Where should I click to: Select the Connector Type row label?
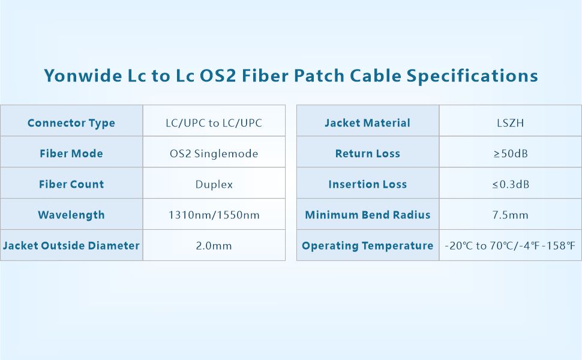tap(71, 123)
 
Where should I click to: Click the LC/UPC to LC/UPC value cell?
tap(214, 123)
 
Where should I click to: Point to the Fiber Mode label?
tap(71, 154)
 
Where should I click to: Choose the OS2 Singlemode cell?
tap(214, 154)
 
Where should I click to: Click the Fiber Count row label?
tap(71, 184)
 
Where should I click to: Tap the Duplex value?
tap(214, 184)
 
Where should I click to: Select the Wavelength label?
tap(71, 215)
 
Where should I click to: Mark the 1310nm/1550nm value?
tap(214, 215)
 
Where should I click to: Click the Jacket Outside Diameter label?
tap(71, 245)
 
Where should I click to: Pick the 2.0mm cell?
tap(214, 245)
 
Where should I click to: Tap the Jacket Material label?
tap(367, 123)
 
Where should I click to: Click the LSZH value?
tap(510, 123)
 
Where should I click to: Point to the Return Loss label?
tap(367, 154)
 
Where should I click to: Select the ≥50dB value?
tap(510, 154)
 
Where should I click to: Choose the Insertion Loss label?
tap(367, 184)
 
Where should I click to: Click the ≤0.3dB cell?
tap(510, 184)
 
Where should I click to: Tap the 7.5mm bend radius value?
tap(510, 215)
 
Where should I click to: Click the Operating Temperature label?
tap(367, 245)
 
